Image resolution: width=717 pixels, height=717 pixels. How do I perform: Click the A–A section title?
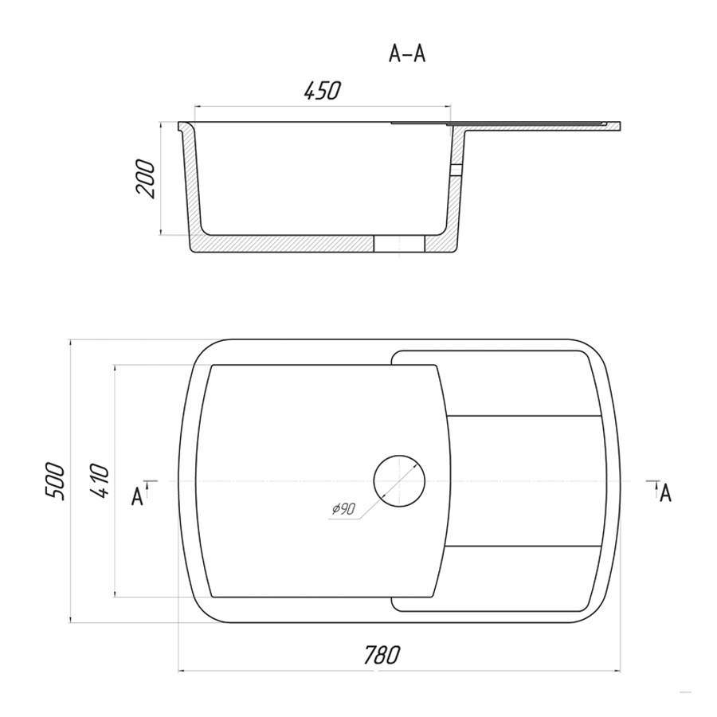(407, 54)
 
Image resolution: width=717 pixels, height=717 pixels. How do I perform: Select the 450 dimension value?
(323, 91)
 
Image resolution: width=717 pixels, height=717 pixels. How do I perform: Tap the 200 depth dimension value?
(146, 178)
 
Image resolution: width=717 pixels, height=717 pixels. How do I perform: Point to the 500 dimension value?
(54, 480)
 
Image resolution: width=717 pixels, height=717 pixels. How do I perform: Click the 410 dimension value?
(100, 480)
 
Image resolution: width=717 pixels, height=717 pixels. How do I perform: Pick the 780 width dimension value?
(382, 655)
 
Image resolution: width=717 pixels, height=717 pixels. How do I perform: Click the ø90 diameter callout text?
(343, 509)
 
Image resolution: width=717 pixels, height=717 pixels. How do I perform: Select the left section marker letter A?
(137, 497)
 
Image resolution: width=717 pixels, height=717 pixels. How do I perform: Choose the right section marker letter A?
(665, 493)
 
